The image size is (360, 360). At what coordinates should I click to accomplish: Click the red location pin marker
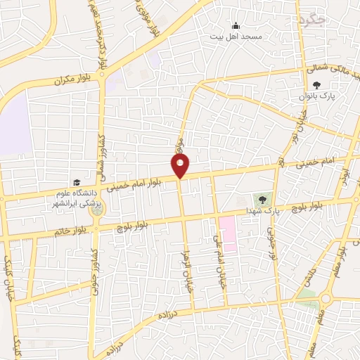[x=180, y=165]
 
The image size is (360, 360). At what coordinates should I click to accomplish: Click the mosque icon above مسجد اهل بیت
[x=235, y=25]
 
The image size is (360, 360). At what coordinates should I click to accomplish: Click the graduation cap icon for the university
[x=76, y=182]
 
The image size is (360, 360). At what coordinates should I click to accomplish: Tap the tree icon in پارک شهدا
[x=263, y=200]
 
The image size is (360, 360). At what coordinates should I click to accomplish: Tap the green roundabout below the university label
[x=98, y=210]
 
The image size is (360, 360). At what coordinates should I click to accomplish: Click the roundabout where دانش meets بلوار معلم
[x=325, y=298]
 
